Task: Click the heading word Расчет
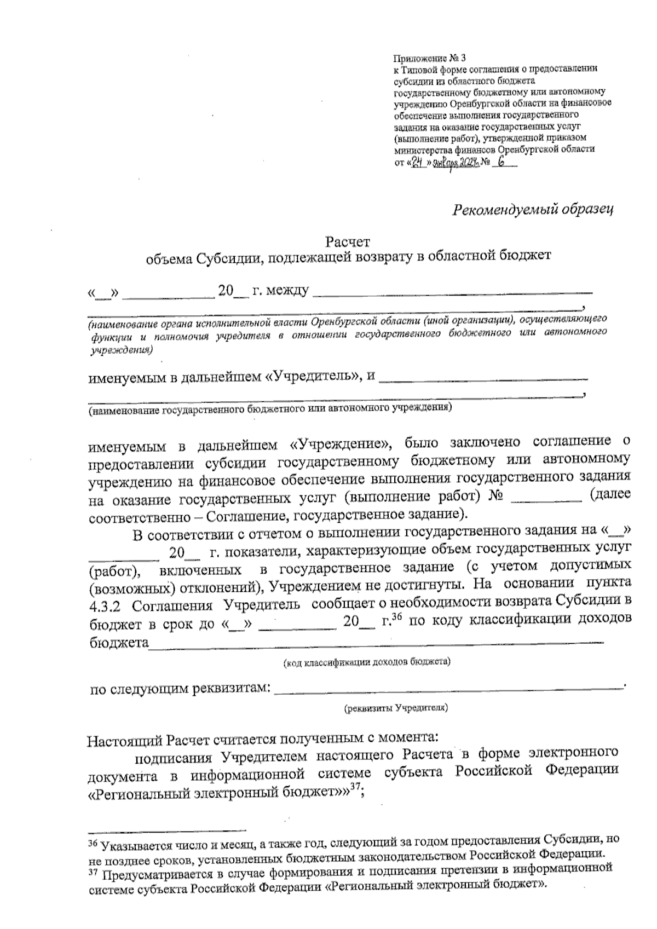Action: [x=348, y=241]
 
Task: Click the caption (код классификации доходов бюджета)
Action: [x=366, y=663]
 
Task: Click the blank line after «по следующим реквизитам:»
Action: [x=449, y=686]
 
